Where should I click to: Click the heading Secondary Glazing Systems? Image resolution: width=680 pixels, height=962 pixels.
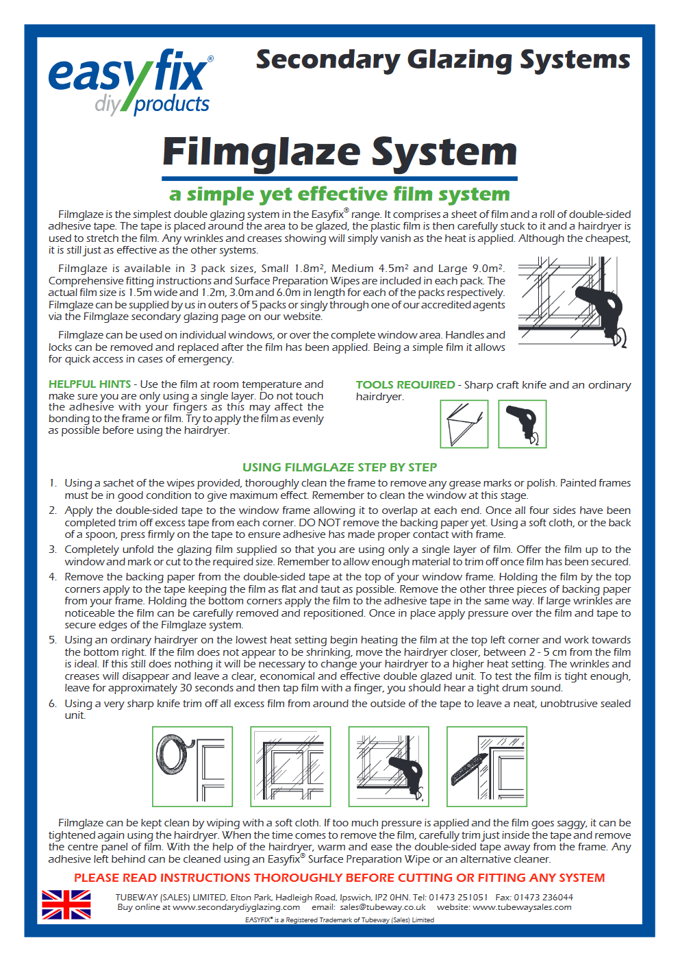[x=442, y=60]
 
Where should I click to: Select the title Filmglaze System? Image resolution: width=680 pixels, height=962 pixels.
[x=340, y=152]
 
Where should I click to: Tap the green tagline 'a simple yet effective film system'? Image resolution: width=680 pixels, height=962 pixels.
[x=340, y=195]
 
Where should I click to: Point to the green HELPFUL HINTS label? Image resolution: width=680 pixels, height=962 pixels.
[x=90, y=384]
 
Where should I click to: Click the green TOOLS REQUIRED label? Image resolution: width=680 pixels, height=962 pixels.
[x=405, y=385]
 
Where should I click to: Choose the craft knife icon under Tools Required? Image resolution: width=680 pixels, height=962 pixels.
[x=464, y=424]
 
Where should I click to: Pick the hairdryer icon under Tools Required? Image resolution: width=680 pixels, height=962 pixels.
[x=522, y=424]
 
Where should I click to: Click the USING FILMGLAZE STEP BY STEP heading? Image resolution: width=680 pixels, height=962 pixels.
[x=340, y=467]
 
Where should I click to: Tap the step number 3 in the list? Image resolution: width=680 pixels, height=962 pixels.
[x=53, y=550]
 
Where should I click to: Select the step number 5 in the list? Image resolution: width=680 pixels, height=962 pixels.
[x=53, y=640]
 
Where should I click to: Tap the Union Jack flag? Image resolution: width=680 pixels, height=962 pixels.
[x=66, y=904]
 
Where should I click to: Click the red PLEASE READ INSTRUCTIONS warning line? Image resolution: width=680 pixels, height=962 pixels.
[x=340, y=878]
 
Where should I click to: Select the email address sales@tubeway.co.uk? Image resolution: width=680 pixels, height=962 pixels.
[x=383, y=907]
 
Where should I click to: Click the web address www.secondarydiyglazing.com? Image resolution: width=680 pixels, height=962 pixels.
[x=236, y=907]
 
